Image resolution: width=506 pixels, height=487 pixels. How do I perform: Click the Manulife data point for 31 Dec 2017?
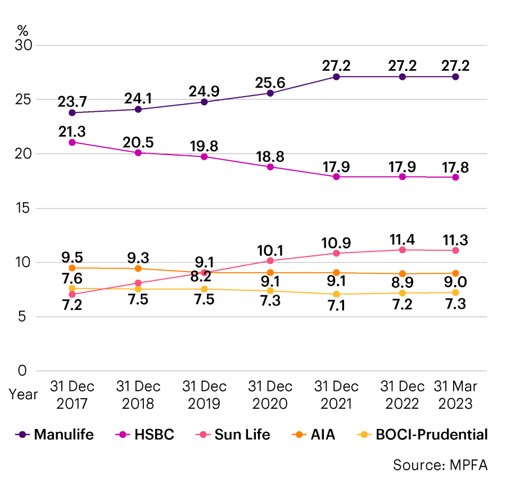click(72, 112)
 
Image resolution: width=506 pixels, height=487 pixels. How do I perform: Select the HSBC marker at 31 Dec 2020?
click(270, 167)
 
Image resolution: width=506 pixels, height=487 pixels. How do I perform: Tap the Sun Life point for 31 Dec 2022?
click(403, 250)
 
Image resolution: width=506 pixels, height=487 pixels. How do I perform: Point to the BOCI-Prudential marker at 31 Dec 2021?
click(337, 294)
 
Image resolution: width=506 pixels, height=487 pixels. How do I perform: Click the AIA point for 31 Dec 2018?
click(138, 269)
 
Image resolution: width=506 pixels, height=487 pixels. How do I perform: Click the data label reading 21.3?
click(72, 130)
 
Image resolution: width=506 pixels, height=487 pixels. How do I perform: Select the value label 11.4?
click(403, 240)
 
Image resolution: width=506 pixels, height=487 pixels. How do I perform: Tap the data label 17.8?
click(455, 168)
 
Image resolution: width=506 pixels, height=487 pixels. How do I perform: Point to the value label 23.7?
click(72, 102)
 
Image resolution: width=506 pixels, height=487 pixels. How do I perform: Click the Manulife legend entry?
click(55, 434)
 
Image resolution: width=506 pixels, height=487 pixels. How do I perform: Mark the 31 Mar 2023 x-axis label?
click(455, 395)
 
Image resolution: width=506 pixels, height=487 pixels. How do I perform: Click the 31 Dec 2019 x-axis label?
click(205, 395)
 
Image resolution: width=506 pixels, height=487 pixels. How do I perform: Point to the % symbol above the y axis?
click(22, 29)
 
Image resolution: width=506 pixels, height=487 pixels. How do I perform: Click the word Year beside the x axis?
click(23, 394)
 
